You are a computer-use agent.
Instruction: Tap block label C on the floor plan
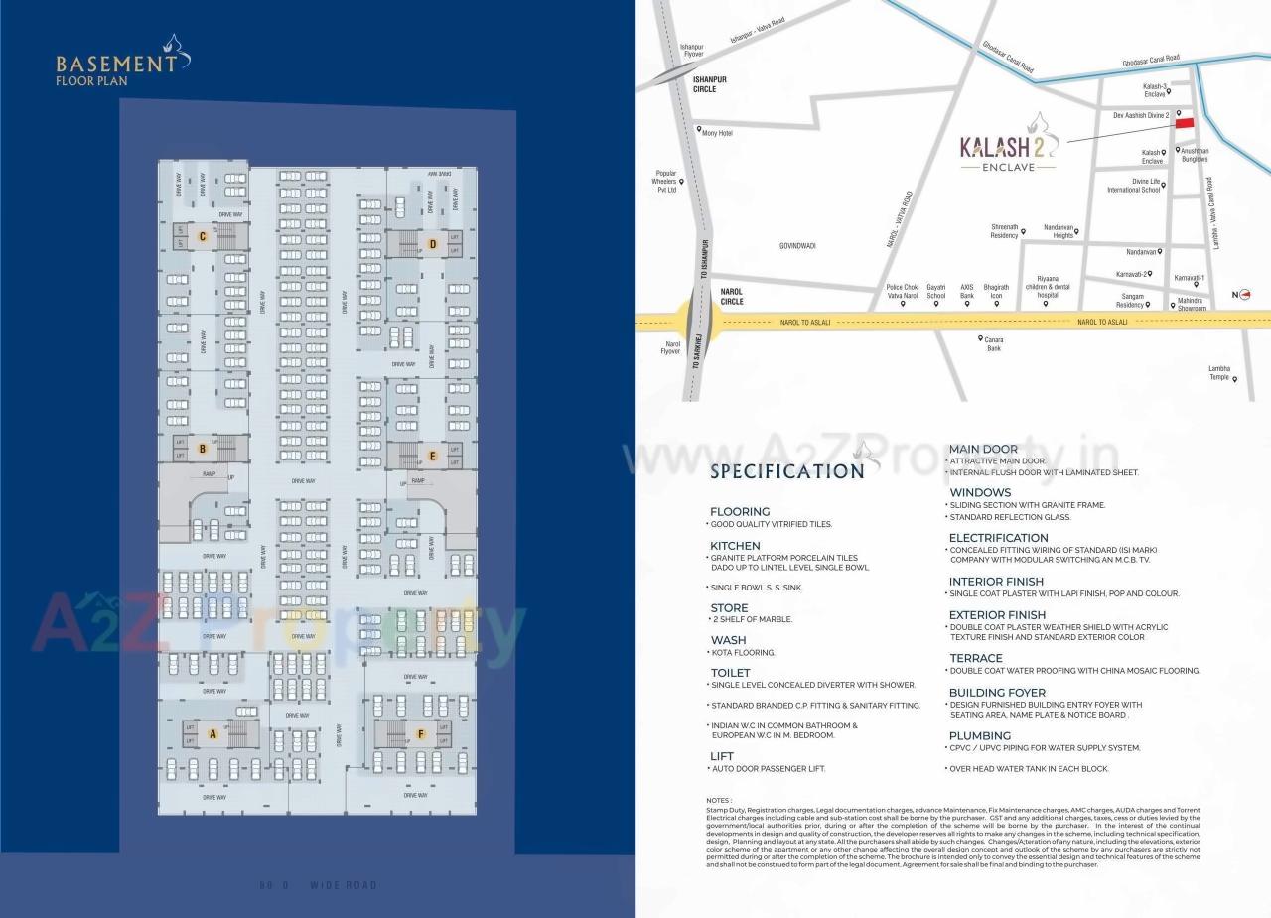203,236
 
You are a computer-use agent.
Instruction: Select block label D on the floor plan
432,243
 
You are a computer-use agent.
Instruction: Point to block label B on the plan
203,449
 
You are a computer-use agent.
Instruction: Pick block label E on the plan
432,457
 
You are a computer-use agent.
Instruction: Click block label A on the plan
212,734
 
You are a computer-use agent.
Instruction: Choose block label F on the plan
420,734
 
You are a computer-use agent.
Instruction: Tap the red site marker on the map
1184,123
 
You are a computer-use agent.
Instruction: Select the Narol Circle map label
732,296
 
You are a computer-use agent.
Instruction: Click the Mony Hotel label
716,133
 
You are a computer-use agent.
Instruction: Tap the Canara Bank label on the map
993,344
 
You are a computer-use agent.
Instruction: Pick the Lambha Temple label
1219,373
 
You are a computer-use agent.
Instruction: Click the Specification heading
786,471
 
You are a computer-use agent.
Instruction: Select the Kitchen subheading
735,546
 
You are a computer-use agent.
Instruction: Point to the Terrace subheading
976,658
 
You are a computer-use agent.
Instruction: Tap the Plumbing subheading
979,736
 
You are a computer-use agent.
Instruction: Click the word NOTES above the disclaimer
718,800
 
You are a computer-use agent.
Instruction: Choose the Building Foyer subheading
997,693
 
